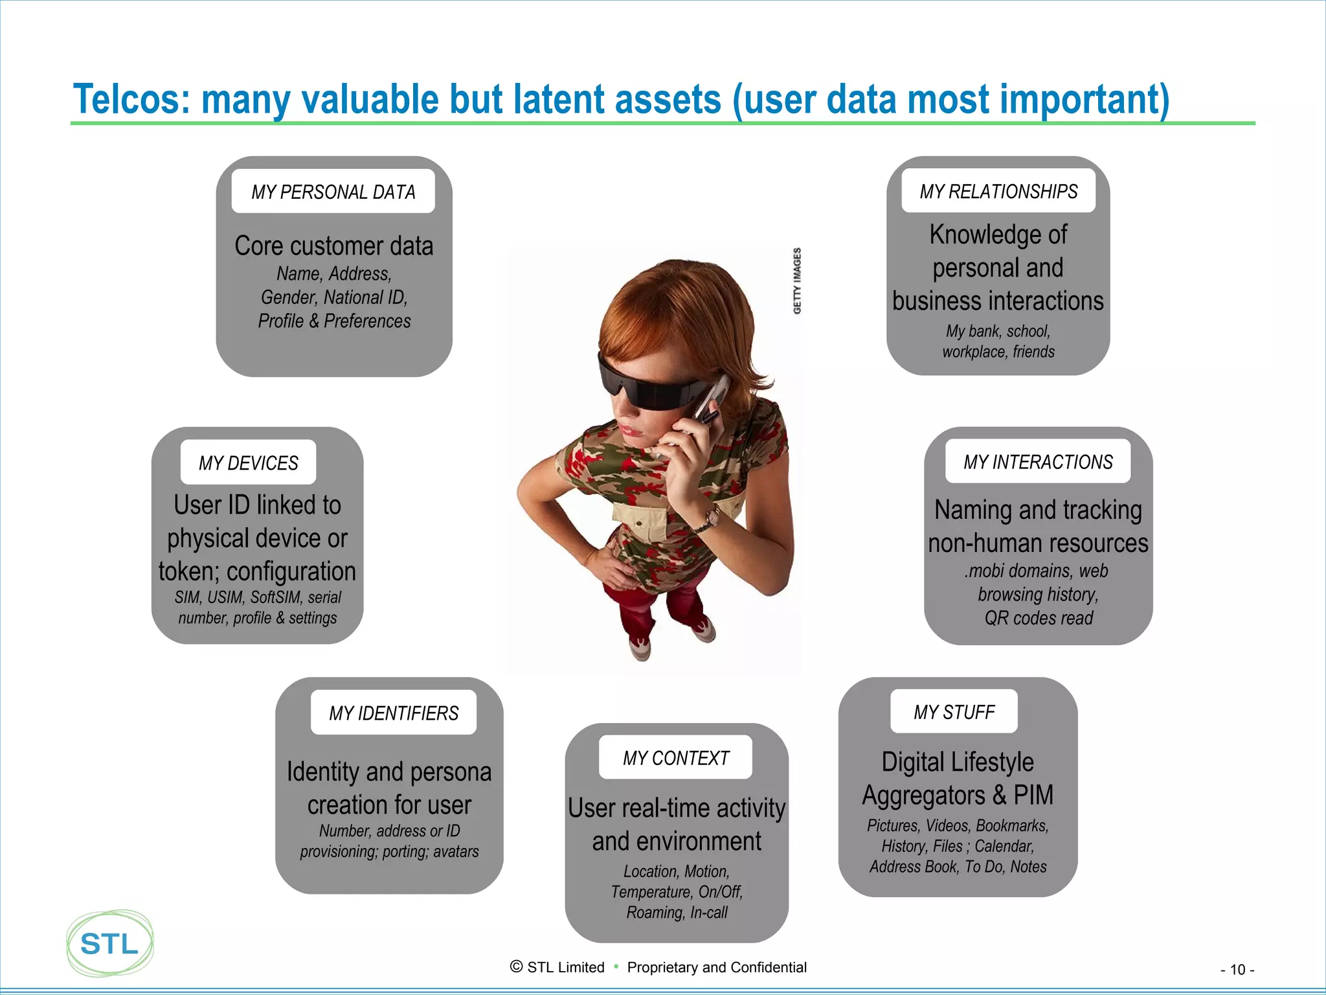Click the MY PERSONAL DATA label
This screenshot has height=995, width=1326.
(x=333, y=192)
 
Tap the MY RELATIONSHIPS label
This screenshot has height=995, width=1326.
(x=998, y=191)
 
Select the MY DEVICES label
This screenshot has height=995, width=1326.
(x=248, y=463)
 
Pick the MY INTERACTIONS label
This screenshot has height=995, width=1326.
(x=1038, y=462)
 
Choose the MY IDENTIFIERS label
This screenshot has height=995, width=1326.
(x=393, y=713)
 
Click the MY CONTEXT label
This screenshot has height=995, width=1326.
(x=675, y=757)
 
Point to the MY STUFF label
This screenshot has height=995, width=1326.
(x=954, y=712)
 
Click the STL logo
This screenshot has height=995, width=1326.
(x=109, y=943)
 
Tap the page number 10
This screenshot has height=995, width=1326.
(x=1237, y=970)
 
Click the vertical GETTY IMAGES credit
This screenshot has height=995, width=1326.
(x=797, y=280)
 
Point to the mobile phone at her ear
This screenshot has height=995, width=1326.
(x=709, y=402)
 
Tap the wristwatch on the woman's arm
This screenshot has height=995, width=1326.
(x=712, y=517)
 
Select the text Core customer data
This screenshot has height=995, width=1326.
(x=333, y=246)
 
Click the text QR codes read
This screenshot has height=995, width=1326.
(x=1039, y=618)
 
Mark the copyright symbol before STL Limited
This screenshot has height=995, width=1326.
(x=516, y=966)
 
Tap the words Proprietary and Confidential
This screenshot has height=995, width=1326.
(x=717, y=967)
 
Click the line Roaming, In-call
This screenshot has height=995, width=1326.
(x=677, y=912)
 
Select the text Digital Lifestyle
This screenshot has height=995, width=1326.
(x=958, y=762)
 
